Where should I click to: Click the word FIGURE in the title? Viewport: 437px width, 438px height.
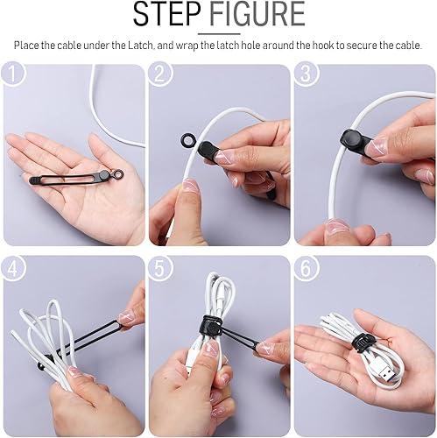point(259,16)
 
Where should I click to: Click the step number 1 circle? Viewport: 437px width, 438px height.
point(14,76)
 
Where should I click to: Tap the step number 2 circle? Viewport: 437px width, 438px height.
point(159,76)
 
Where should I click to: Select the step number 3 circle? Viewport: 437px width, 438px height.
point(306,76)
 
